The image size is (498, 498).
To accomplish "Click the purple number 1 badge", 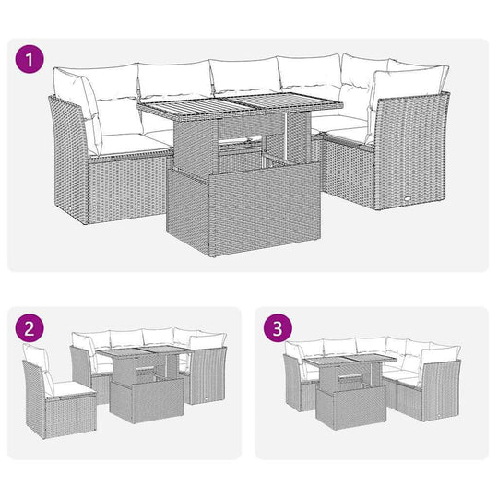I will tap(32, 61).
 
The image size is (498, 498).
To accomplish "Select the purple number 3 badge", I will tap(277, 328).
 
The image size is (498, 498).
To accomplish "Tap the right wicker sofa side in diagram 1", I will tap(411, 152).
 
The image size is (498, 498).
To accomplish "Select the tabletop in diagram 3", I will tap(350, 362).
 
